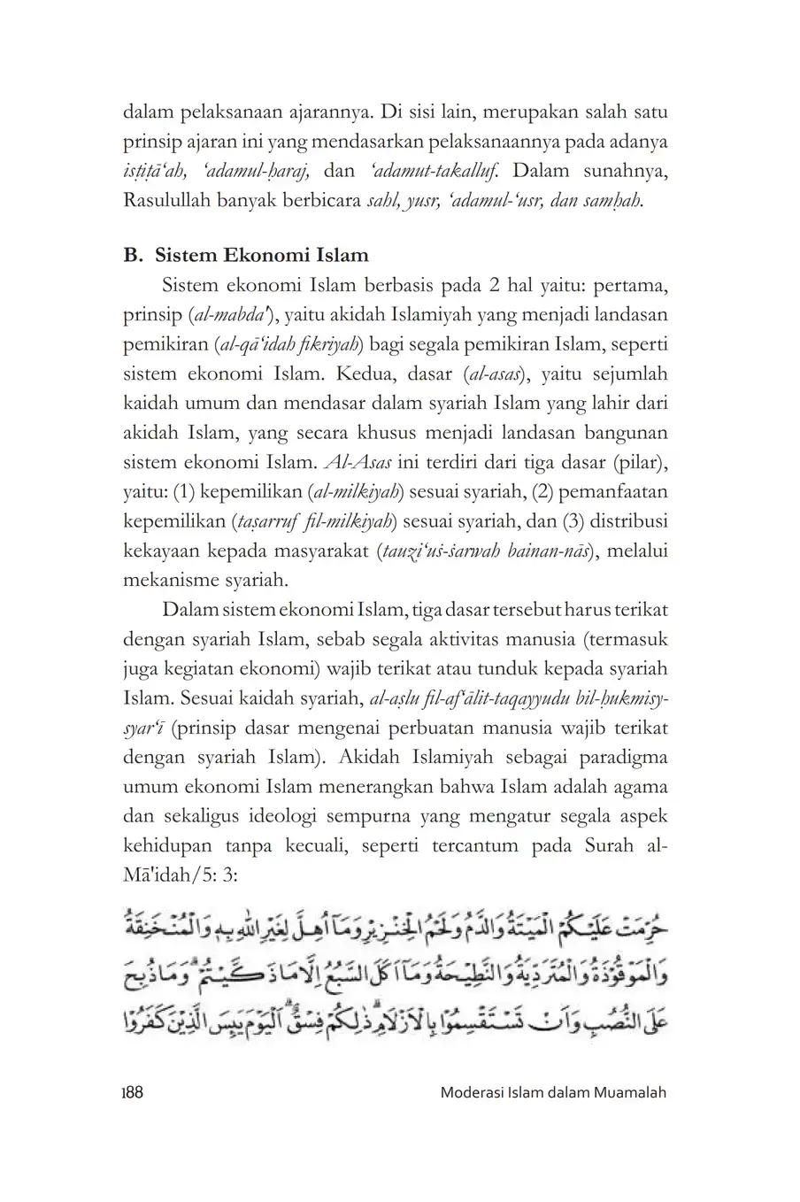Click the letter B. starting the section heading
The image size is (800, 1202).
tap(134, 256)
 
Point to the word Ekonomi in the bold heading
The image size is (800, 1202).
tap(261, 256)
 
